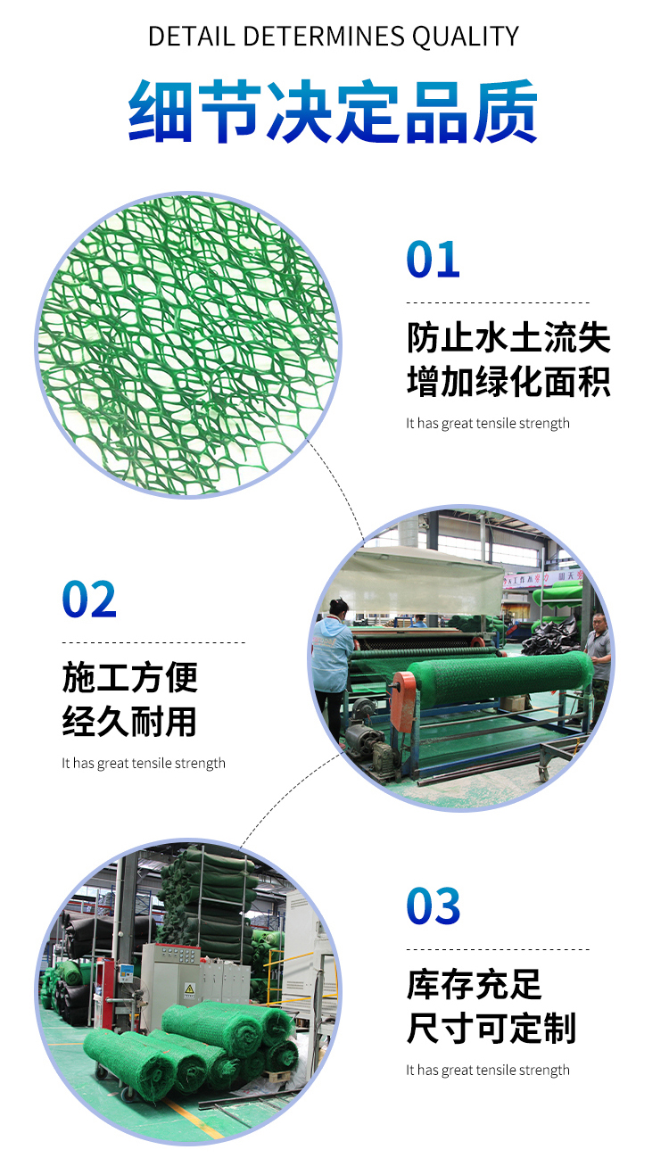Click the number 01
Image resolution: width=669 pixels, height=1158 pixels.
[434, 260]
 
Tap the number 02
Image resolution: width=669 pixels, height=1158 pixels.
[89, 600]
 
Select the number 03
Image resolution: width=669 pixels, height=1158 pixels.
[434, 906]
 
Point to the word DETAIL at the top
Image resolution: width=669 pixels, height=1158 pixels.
[191, 37]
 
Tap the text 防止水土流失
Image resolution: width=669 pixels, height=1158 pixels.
[508, 339]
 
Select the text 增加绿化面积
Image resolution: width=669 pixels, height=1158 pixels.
[508, 382]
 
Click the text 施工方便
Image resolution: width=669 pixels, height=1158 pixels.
[130, 678]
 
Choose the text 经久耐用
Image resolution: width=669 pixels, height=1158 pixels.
[130, 721]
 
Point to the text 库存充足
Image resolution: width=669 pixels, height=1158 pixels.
[475, 985]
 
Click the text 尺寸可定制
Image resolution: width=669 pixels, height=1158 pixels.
[491, 1028]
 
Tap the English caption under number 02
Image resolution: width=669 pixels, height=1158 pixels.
[144, 764]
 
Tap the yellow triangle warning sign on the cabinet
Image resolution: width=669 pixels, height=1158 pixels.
[189, 989]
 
